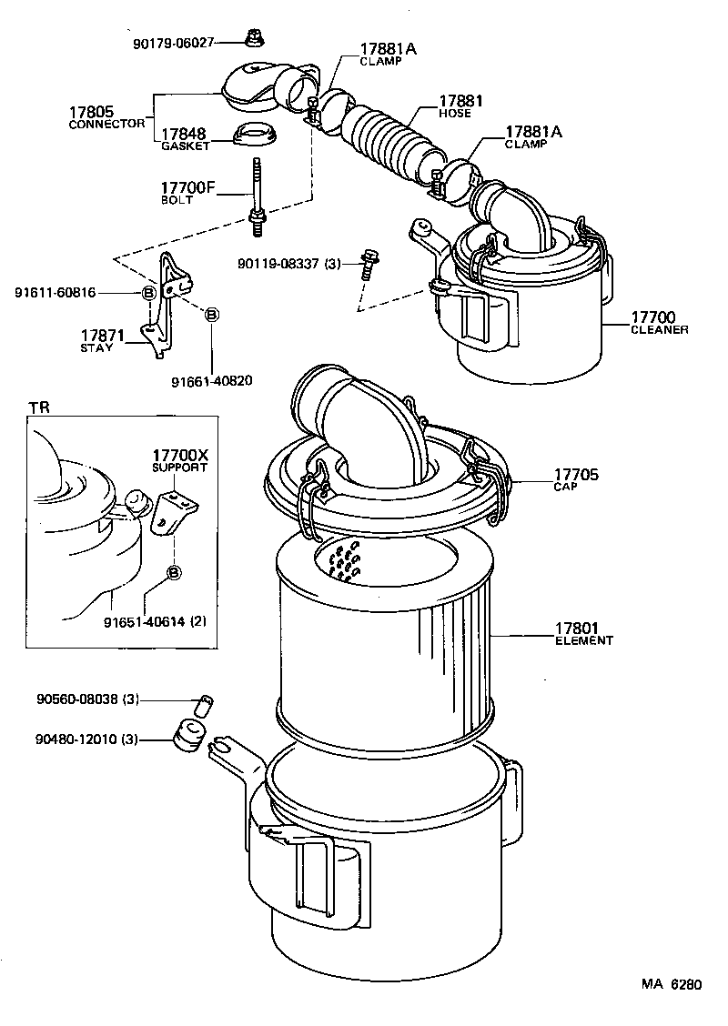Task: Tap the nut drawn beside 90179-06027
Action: [x=254, y=37]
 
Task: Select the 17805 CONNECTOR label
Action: [x=106, y=117]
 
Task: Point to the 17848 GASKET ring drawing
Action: [x=256, y=135]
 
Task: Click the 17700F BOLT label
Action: [x=188, y=192]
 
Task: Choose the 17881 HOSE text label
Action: [x=460, y=106]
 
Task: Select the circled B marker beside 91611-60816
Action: [x=147, y=292]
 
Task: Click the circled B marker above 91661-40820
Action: [x=211, y=315]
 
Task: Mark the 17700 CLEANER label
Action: [x=659, y=322]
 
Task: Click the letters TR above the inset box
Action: [x=38, y=407]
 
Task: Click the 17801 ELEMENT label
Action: [x=583, y=633]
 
